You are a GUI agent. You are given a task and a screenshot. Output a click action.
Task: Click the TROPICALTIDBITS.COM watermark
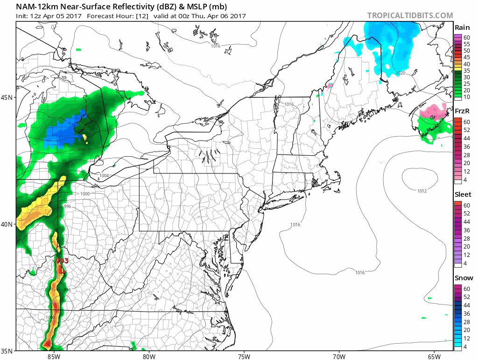pos(410,15)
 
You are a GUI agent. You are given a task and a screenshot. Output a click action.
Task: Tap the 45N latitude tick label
pos(8,97)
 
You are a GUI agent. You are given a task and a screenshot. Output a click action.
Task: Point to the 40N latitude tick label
pos(8,224)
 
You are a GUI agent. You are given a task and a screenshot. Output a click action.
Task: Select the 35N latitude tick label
pos(8,351)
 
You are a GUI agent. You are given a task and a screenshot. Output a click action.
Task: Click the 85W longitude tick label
pos(54,357)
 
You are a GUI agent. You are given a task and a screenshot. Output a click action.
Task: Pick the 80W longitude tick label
pos(148,357)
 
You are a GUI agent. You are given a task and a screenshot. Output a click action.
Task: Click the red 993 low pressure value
pos(62,261)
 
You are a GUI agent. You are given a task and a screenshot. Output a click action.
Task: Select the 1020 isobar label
pos(401,73)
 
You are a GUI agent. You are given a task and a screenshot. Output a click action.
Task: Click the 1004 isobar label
pos(105,175)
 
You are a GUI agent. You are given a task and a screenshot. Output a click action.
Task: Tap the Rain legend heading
pos(462,28)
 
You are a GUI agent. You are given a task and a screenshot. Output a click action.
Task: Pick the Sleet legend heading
pos(463,194)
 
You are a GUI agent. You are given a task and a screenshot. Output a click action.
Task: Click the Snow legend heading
pos(463,278)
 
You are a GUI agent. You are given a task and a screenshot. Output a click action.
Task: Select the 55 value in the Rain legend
pos(466,43)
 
